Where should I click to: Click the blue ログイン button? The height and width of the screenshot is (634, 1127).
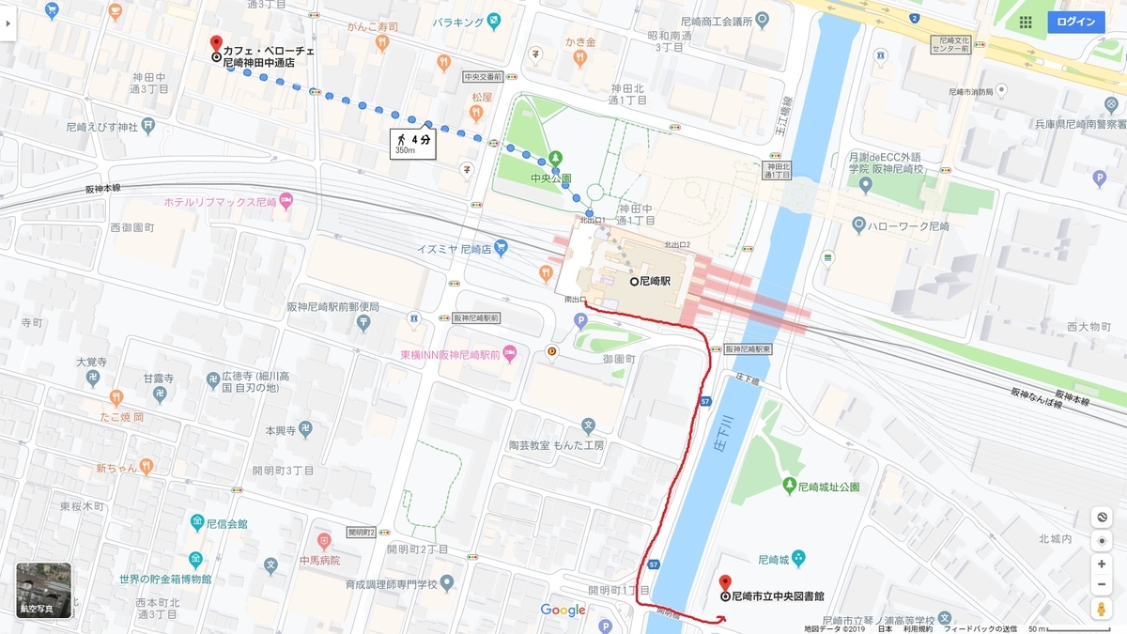pos(1075,22)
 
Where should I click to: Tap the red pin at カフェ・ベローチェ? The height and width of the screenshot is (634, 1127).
pos(216,44)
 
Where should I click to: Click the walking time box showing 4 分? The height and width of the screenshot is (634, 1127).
pos(413,144)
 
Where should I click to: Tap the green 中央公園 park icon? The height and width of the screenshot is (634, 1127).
pos(556,157)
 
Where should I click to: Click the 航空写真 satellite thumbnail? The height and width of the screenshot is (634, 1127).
pos(43,590)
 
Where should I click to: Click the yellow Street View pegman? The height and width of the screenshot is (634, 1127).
pos(1102,609)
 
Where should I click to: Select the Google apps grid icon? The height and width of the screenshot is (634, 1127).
pos(1025,22)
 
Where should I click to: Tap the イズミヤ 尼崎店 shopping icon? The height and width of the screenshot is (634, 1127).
pos(501,248)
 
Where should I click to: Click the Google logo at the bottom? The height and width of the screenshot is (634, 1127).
pos(563,611)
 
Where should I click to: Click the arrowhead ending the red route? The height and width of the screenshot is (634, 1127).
pos(722,619)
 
